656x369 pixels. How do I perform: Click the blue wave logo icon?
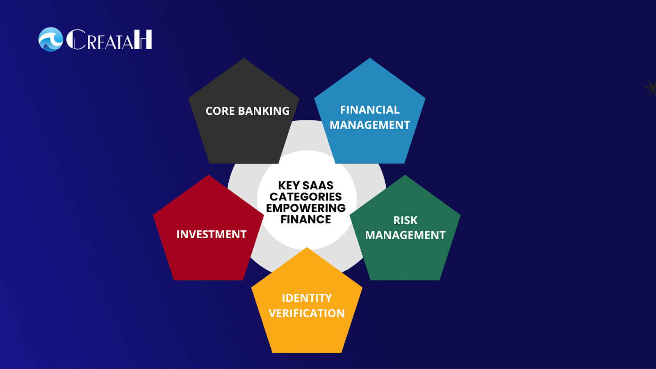coord(51,39)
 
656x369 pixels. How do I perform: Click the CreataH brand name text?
coord(109,39)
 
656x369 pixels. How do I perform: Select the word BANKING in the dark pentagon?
coord(264,111)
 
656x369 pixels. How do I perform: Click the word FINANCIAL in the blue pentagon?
coord(369,110)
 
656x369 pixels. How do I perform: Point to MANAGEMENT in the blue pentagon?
coord(369,125)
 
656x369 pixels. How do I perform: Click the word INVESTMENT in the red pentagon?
coord(211,234)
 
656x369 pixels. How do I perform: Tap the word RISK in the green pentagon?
coord(405,220)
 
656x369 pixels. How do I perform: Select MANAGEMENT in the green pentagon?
coord(405,235)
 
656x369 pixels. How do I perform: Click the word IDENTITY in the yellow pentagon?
coord(307,298)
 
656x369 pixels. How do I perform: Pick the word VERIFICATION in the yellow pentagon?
coord(307,313)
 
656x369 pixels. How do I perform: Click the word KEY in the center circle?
coord(289,185)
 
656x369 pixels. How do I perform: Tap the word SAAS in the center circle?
coord(318,185)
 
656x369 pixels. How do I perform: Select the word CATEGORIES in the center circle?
coord(305,196)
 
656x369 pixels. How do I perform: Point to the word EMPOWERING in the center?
coord(306,208)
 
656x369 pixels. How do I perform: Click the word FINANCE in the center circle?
coord(306,219)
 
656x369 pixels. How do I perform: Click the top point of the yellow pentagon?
coord(307,248)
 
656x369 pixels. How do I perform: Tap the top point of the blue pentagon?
coord(369,58)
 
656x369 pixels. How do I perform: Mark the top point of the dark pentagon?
coord(244,58)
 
